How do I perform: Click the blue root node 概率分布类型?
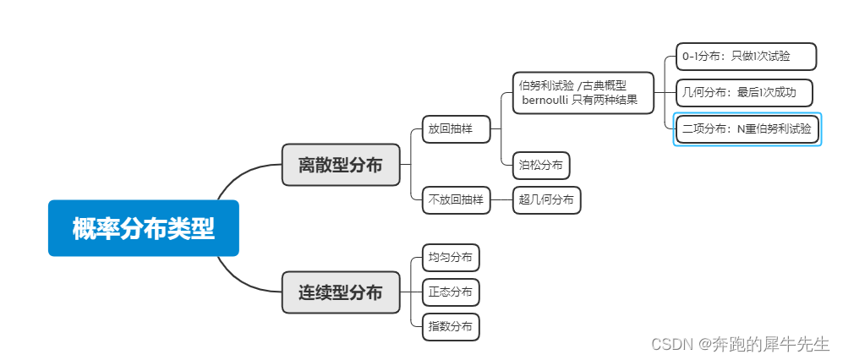click(144, 228)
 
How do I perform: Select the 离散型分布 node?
click(340, 165)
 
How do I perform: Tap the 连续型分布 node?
click(340, 292)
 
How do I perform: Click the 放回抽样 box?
click(456, 129)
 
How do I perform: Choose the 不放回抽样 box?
click(456, 200)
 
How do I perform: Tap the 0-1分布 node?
click(746, 57)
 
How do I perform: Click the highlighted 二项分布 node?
click(747, 129)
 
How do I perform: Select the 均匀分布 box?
click(451, 257)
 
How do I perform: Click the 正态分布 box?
click(451, 292)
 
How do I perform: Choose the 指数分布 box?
click(451, 327)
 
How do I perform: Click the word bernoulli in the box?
click(545, 101)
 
